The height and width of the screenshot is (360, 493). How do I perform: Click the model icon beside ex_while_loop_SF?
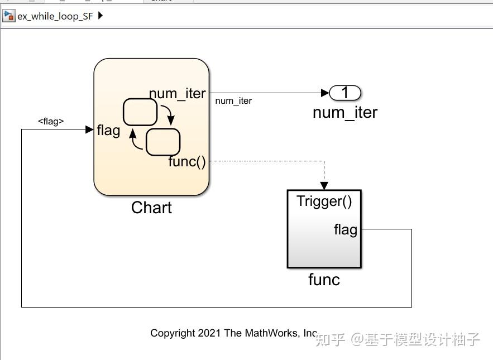8,16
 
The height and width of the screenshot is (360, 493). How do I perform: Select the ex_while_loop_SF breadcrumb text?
55,16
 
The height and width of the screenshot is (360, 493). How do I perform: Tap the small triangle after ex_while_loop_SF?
100,16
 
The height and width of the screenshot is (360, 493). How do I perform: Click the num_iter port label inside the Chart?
177,94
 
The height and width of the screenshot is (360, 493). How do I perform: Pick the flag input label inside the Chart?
108,130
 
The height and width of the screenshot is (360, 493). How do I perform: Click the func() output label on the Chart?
187,162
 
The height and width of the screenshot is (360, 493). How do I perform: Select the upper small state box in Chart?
140,112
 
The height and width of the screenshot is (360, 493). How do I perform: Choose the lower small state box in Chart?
163,142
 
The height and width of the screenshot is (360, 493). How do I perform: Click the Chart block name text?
151,208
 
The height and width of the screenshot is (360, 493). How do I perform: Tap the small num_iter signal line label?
233,101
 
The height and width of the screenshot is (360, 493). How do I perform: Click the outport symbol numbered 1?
345,93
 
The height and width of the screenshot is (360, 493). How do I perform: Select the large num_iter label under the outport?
345,113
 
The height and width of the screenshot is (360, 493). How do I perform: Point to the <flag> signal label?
51,121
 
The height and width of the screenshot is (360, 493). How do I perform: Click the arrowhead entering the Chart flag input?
89,129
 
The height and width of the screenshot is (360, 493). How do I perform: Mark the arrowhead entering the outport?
326,93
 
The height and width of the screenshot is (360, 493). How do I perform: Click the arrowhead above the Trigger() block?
324,186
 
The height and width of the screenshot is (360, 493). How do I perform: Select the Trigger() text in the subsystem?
324,201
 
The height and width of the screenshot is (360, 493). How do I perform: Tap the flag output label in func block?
345,229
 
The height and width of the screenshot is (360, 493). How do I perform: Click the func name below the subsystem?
324,279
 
